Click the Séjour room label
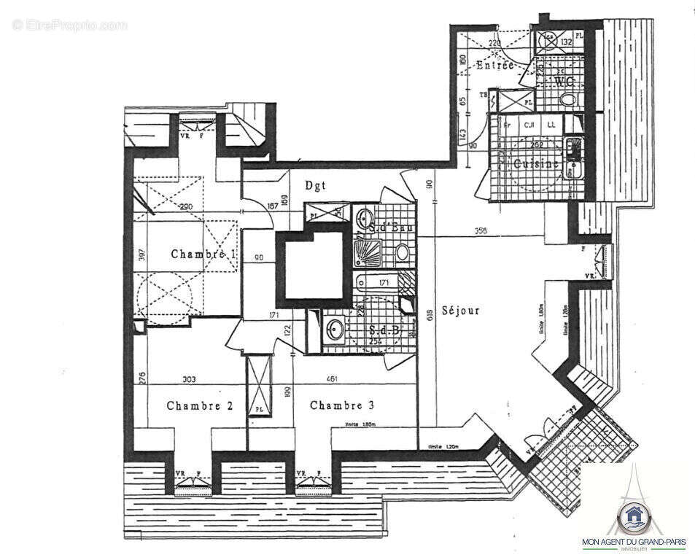tap(459, 311)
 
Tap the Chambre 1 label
tap(203, 254)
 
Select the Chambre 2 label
tap(199, 406)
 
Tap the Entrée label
tap(495, 66)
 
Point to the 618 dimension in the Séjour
tap(430, 314)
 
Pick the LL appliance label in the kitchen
tap(551, 125)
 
